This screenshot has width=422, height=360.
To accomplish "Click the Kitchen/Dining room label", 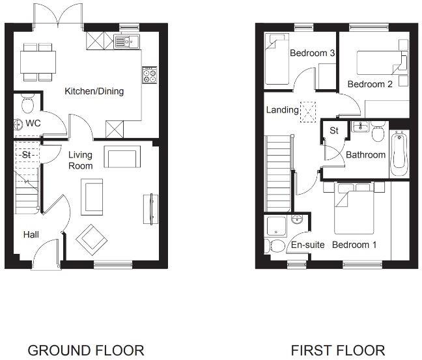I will pos(94,91).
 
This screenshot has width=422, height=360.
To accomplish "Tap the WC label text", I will pos(33,122).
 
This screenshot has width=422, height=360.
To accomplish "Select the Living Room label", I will pos(81,160).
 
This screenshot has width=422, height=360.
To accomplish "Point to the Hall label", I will pos(31,234).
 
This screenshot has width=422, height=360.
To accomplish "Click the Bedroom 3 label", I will pos(312,53).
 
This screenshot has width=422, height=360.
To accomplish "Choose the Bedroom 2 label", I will pos(369,85).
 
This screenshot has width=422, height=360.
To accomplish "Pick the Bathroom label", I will pos(365,155).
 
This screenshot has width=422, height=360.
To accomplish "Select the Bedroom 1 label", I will pos(354,245).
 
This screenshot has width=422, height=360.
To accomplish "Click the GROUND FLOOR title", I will pos(85,350).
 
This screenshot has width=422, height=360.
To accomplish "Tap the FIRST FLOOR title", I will pos(337,350).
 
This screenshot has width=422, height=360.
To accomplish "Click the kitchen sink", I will pos(128,42).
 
